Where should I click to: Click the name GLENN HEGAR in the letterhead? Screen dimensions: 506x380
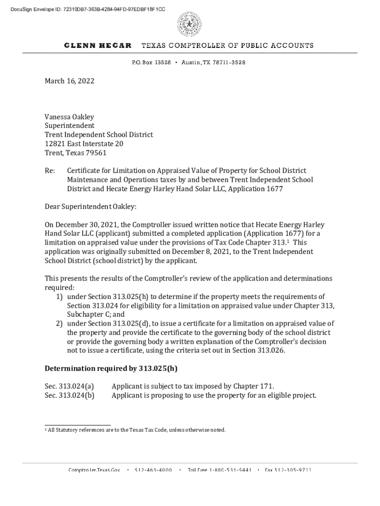pos(98,45)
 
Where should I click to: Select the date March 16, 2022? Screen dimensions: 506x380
pos(70,81)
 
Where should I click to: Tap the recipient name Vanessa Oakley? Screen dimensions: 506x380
pos(69,117)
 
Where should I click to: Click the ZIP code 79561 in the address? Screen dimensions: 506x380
pos(96,153)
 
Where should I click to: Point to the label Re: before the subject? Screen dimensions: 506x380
pos(49,170)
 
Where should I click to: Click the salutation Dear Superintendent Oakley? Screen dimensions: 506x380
pos(90,207)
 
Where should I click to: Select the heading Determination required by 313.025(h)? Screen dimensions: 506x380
pos(111,368)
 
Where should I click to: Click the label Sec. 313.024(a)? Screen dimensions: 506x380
pos(70,386)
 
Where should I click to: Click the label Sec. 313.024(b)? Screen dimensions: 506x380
pos(70,395)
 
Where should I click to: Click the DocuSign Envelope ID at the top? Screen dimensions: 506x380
pos(84,9)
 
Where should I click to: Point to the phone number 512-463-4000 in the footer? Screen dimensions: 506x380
pos(153,470)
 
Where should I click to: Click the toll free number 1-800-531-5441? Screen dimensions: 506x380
pos(220,470)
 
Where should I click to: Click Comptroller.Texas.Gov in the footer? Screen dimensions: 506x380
pos(94,470)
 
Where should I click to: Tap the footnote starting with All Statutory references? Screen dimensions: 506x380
pos(136,430)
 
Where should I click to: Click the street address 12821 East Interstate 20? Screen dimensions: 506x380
pos(84,144)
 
